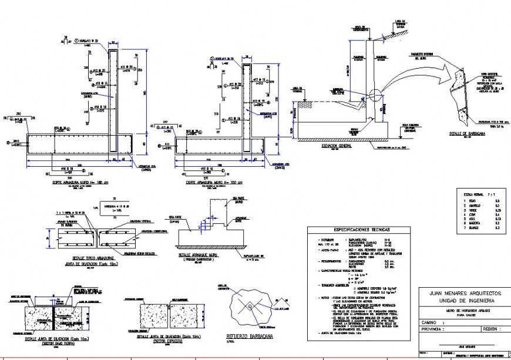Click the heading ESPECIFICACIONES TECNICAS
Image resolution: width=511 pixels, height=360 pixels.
pyautogui.click(x=361, y=230)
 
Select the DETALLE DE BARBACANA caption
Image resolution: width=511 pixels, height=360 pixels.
pyautogui.click(x=468, y=133)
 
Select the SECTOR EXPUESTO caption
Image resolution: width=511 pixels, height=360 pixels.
pyautogui.click(x=168, y=341)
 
